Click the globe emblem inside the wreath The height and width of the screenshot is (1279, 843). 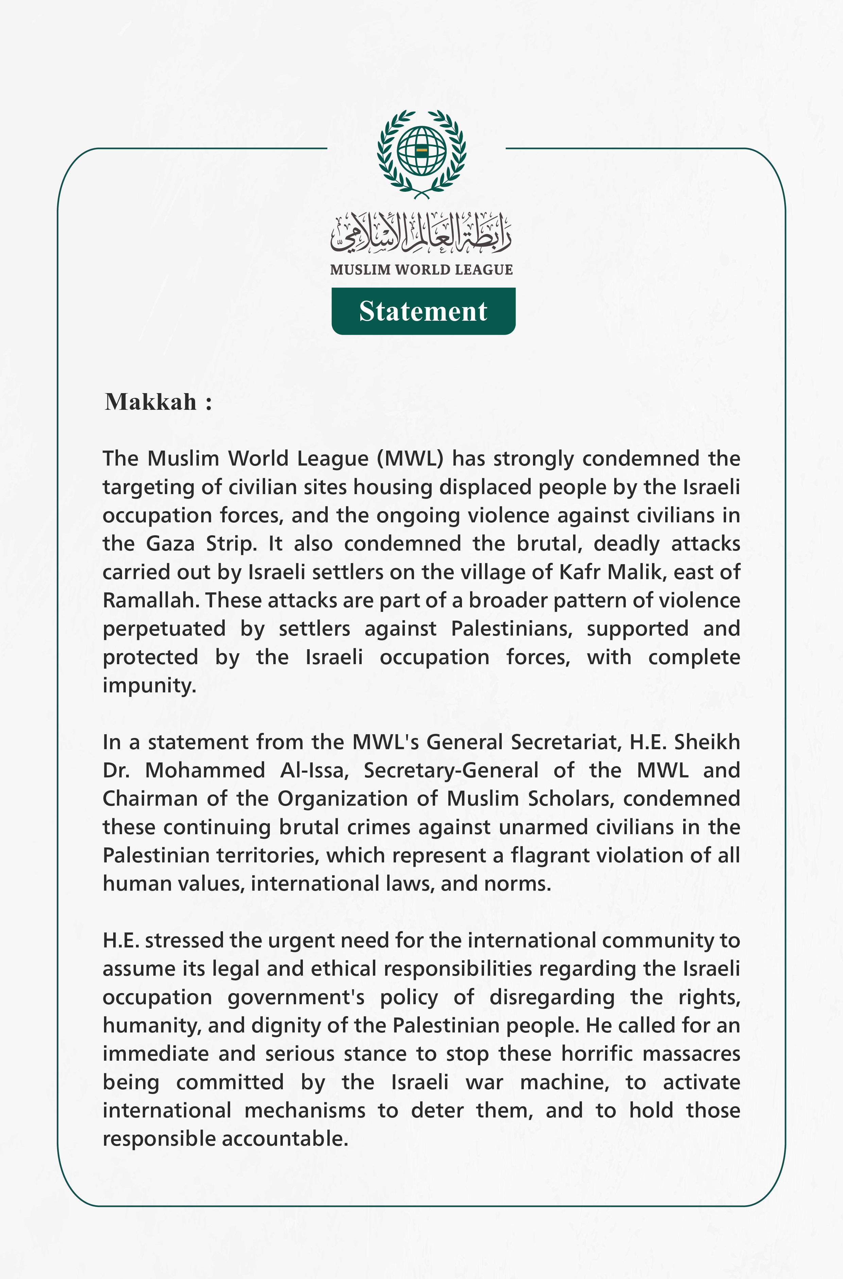[x=421, y=151]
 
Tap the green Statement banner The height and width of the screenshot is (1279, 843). [x=423, y=311]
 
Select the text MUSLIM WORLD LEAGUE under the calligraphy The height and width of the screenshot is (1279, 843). [x=421, y=269]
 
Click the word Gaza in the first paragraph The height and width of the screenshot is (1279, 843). [x=170, y=543]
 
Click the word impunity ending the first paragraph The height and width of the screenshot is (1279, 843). [x=149, y=685]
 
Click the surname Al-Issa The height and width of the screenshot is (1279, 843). [x=314, y=770]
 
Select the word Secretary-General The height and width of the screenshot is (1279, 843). [x=450, y=770]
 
